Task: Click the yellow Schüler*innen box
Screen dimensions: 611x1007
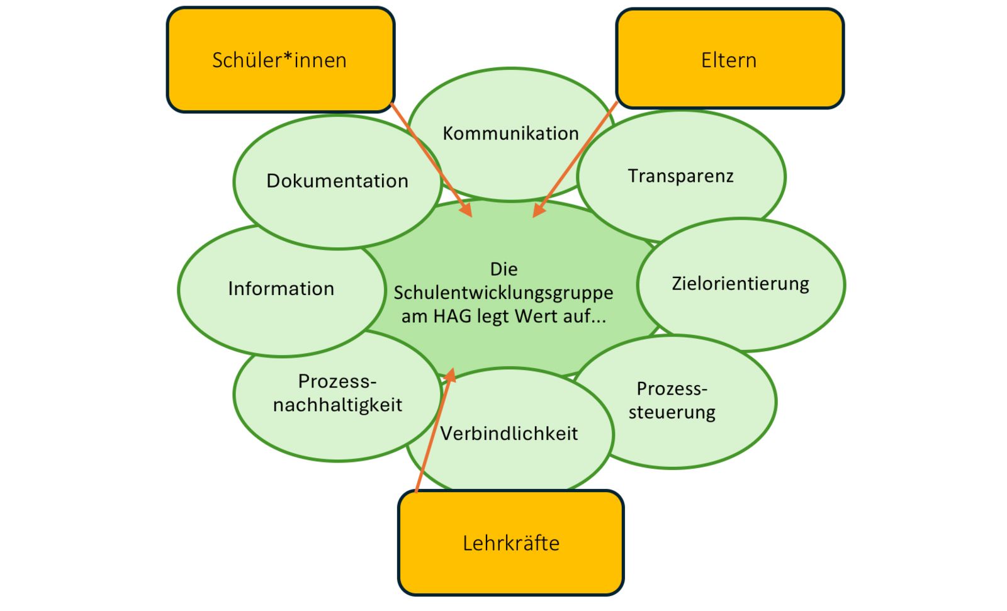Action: (280, 60)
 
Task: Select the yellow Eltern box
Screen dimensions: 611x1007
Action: (729, 59)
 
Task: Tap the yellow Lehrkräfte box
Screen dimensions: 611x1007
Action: (510, 542)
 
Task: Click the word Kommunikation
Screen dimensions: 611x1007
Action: (510, 133)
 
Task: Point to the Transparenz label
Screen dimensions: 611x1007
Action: (680, 176)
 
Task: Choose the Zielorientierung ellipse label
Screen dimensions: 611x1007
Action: (740, 283)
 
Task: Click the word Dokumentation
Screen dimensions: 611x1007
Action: (337, 181)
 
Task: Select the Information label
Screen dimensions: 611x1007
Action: (281, 289)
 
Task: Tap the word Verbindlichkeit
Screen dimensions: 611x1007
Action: (509, 434)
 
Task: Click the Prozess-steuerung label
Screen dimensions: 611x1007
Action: (672, 400)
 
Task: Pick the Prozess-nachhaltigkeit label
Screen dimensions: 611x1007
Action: (337, 393)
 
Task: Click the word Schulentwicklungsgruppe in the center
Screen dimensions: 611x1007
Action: (503, 293)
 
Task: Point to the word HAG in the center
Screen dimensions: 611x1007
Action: (452, 316)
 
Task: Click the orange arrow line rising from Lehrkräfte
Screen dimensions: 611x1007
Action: (432, 434)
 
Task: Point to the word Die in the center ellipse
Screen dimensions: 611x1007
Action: (503, 269)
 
